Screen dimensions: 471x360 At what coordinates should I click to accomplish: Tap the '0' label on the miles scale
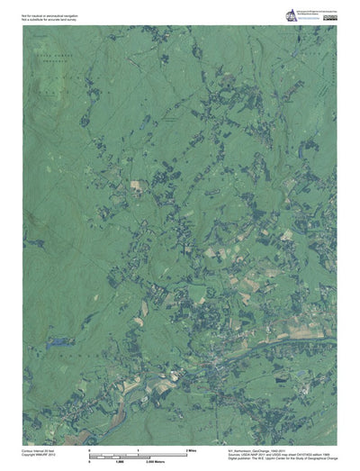coord(89,448)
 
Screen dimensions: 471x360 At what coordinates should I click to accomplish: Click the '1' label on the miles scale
coord(138,448)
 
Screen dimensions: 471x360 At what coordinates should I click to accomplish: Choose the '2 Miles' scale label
coord(190,448)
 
